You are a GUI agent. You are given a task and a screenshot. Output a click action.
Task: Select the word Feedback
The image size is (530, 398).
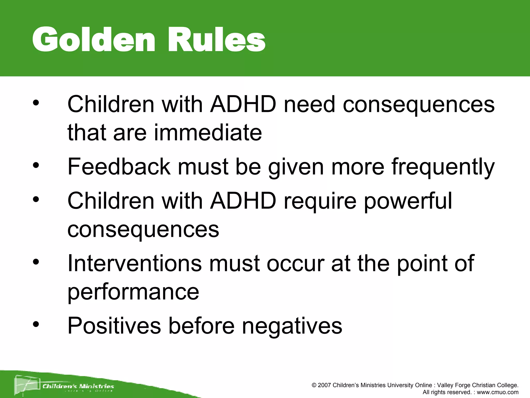point(119,166)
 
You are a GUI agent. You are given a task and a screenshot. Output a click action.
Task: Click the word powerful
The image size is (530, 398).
point(408,202)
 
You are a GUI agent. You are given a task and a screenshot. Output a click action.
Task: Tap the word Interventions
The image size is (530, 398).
point(134,263)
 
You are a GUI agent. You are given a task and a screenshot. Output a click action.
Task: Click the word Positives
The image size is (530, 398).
point(114,326)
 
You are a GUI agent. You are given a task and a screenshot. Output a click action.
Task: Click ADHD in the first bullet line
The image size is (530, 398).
point(243,104)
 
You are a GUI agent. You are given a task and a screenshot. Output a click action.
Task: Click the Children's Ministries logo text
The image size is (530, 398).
point(78,386)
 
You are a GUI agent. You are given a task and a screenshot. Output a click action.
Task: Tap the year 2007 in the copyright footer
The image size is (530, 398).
point(324,385)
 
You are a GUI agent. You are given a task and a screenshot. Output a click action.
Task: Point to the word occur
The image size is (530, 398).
point(295,263)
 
